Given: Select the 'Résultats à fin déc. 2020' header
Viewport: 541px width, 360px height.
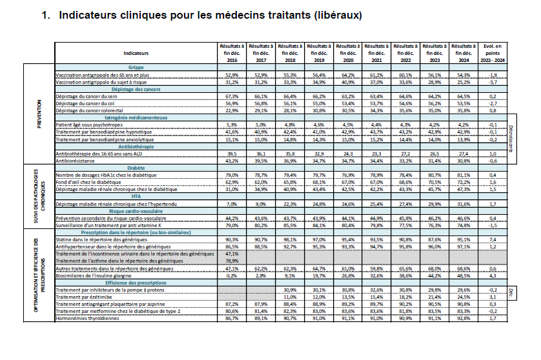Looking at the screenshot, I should click(x=348, y=52).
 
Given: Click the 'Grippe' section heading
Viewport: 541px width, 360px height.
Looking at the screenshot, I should click(x=136, y=67).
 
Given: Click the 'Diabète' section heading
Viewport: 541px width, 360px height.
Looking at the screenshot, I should click(x=136, y=166).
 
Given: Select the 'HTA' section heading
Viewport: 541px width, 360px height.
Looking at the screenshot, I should click(x=136, y=197).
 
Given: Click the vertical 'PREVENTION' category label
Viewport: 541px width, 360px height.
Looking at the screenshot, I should click(x=39, y=114).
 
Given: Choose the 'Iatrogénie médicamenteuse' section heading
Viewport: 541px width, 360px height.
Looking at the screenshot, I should click(x=136, y=117).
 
